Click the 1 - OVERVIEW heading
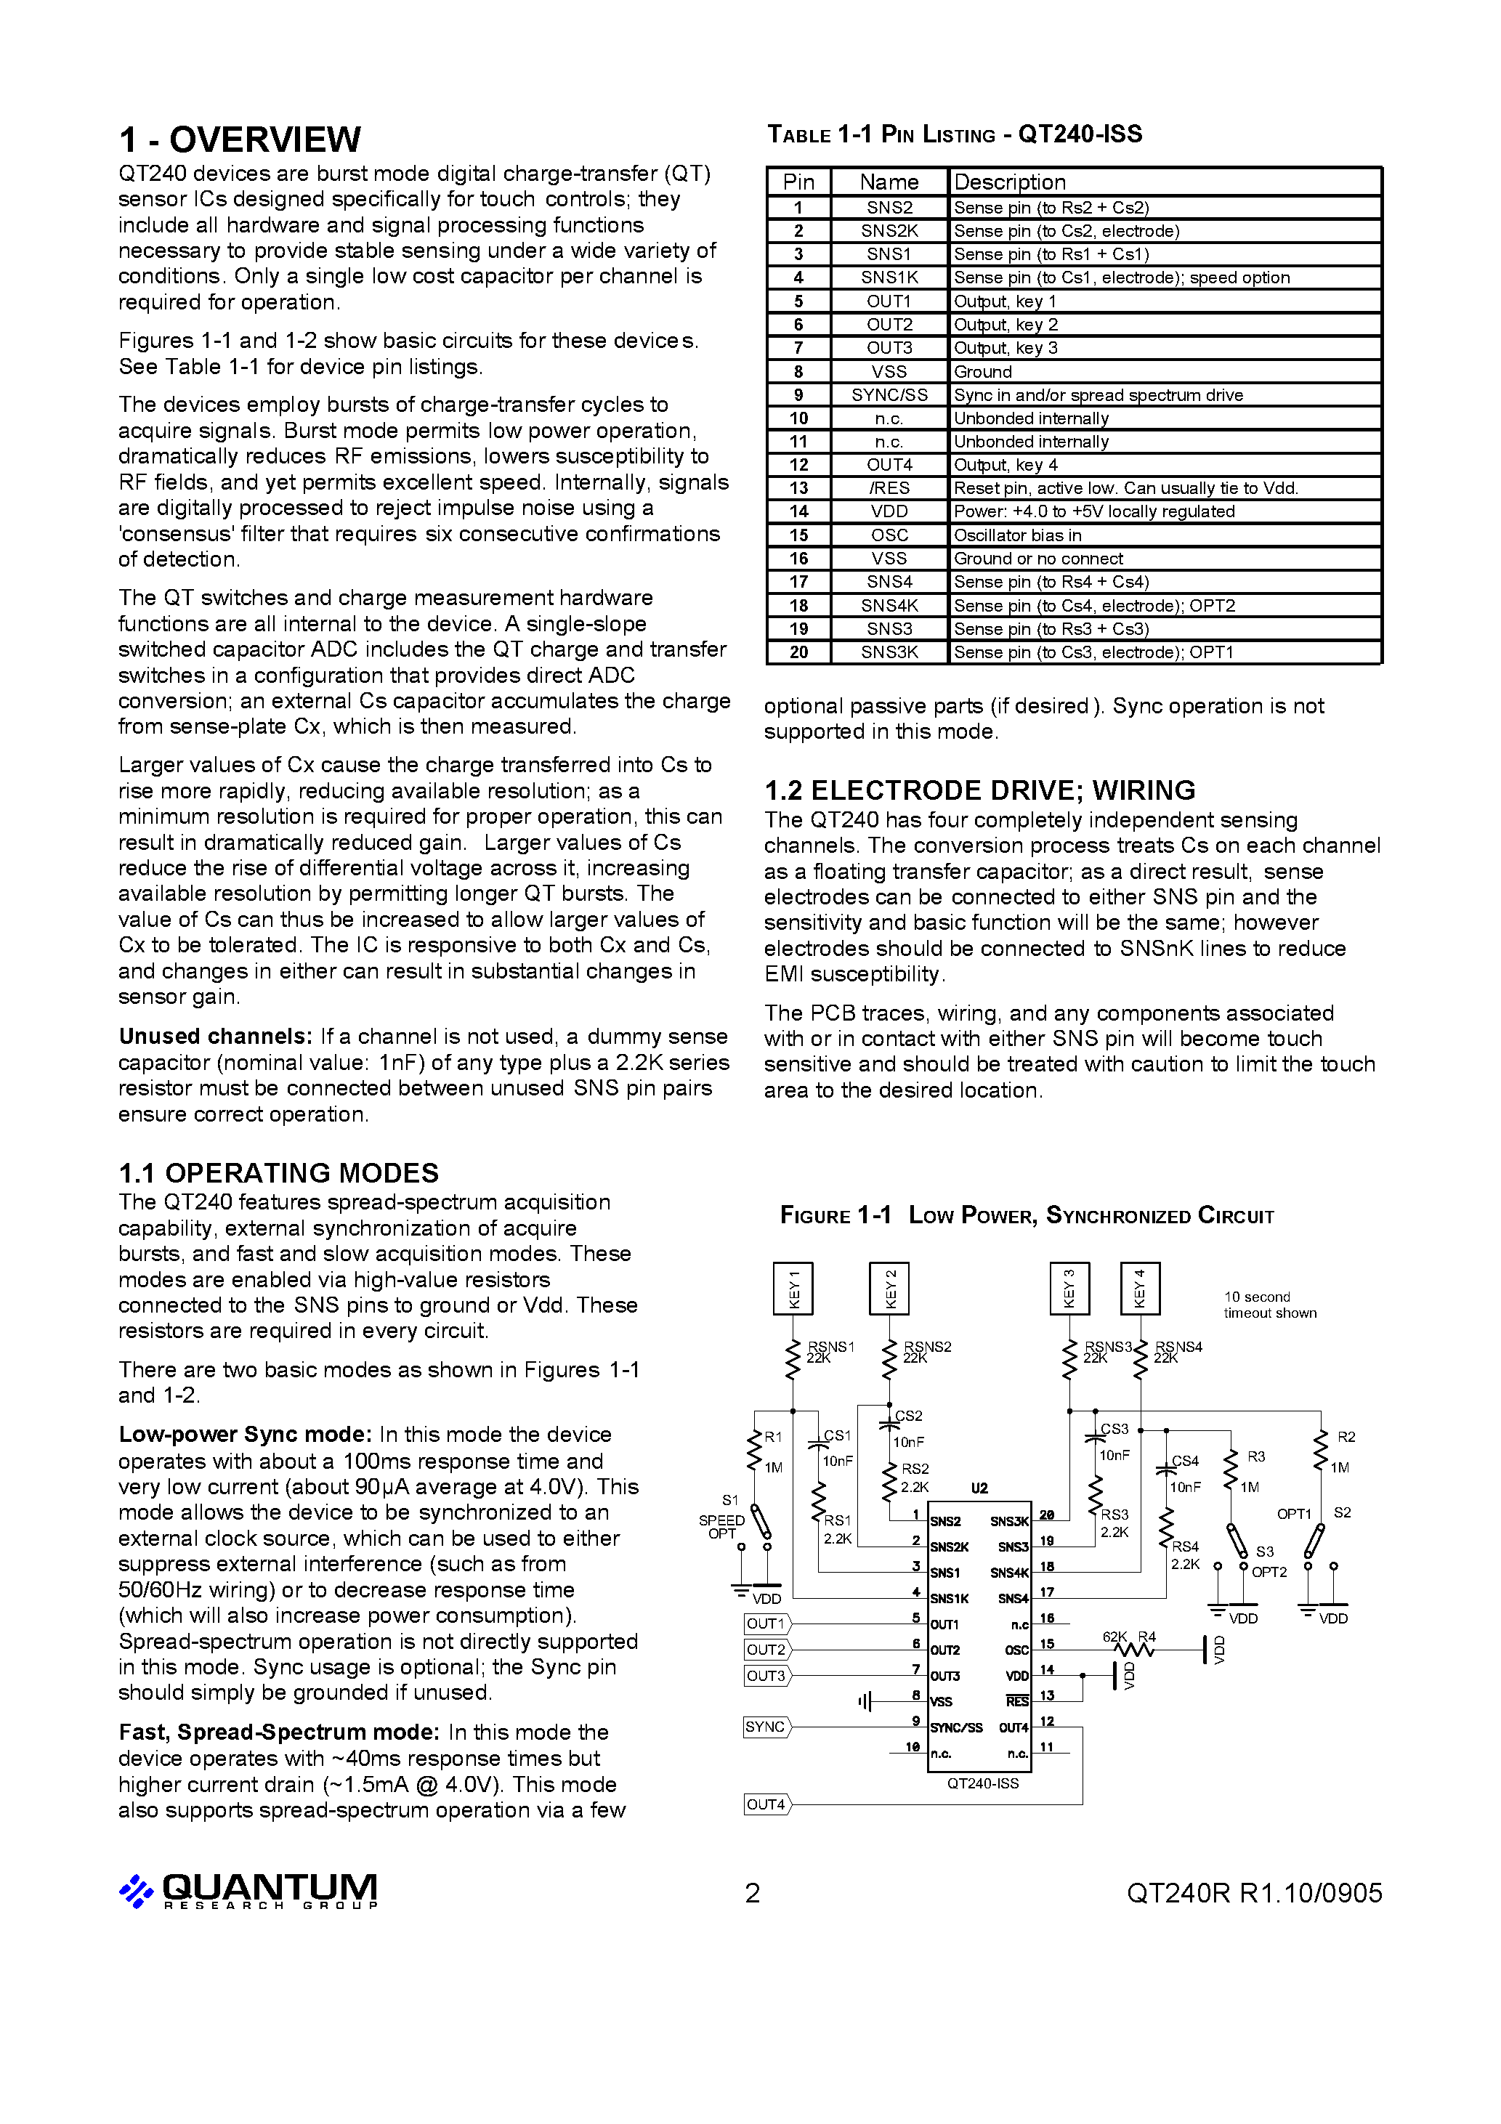click(240, 139)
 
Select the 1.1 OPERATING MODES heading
click(278, 1172)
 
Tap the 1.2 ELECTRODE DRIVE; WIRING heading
click(979, 790)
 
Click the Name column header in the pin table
click(889, 182)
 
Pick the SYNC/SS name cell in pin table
click(889, 395)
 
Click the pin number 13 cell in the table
click(798, 487)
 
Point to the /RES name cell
click(889, 487)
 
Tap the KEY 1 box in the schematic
click(793, 1288)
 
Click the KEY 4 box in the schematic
click(1139, 1288)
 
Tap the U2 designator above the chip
click(979, 1488)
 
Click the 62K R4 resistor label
click(1129, 1637)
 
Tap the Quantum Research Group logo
click(248, 1891)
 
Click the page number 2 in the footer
click(753, 1894)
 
